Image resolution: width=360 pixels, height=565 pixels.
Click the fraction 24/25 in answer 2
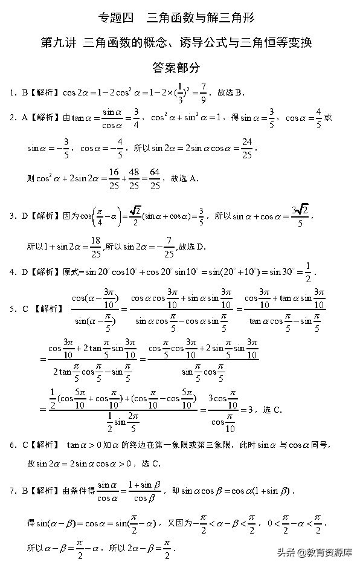point(246,147)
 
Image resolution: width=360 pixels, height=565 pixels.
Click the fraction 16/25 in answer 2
point(114,179)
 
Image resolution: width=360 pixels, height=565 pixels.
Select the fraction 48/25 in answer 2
point(135,179)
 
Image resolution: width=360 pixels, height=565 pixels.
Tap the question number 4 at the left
point(12,272)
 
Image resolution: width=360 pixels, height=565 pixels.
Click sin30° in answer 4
point(280,272)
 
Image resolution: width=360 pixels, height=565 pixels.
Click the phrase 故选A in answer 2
point(185,179)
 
